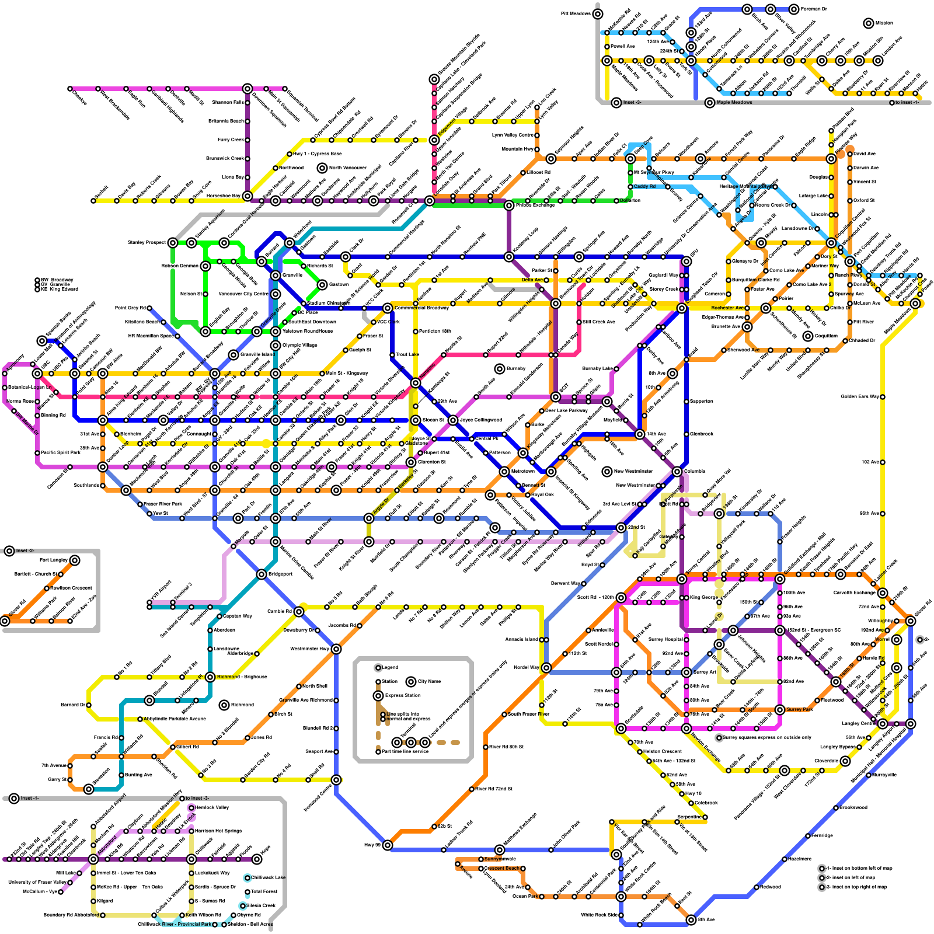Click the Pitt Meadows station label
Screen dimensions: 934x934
[576, 14]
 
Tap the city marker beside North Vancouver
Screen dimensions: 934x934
[322, 168]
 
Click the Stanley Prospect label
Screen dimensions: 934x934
[147, 243]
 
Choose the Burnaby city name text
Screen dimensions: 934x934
[516, 369]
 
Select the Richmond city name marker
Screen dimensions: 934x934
[224, 705]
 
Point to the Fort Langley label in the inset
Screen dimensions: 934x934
[53, 560]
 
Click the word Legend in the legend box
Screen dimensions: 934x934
[389, 667]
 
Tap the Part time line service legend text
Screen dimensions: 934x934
[405, 752]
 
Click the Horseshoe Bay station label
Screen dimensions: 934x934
[224, 196]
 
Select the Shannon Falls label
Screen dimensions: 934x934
[228, 103]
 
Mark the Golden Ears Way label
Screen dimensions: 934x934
[860, 397]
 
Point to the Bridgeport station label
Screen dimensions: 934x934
[280, 574]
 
